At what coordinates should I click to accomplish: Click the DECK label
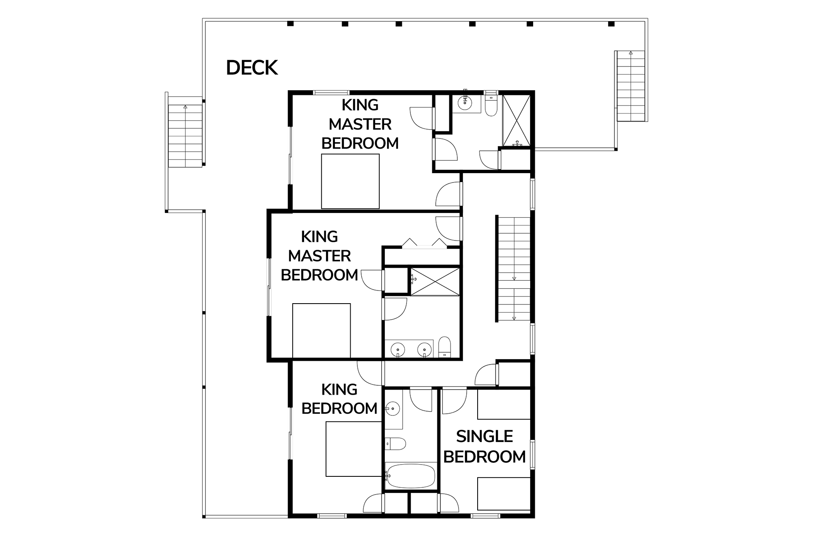(252, 68)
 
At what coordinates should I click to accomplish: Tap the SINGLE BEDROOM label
(485, 447)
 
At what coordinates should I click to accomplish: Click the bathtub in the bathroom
(410, 476)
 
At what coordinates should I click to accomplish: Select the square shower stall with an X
(516, 121)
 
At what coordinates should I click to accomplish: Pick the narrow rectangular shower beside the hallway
(435, 282)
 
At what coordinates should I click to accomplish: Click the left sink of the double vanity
(398, 350)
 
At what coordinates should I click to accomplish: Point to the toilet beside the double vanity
(445, 347)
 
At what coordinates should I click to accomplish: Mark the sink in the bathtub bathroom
(393, 409)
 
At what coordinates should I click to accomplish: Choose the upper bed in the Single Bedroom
(504, 404)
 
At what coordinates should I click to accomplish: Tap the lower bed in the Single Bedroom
(504, 494)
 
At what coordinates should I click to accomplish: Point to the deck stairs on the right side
(630, 86)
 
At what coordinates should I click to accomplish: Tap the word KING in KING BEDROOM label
(339, 390)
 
